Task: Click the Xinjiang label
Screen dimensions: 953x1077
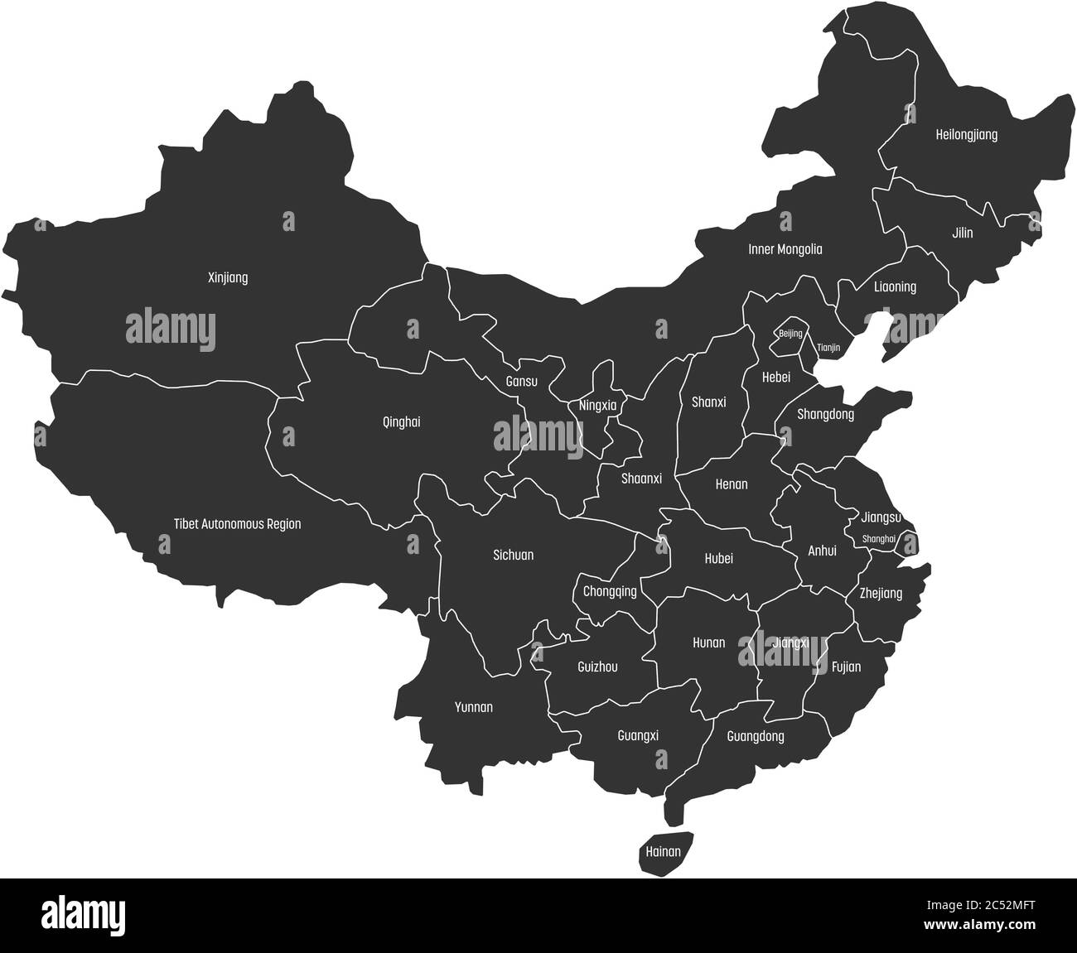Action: click(227, 278)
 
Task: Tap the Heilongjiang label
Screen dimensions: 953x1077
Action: click(966, 134)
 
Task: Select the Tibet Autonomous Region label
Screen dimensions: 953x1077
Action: click(237, 524)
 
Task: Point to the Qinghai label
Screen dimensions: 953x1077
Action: click(401, 422)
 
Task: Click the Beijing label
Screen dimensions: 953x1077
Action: click(790, 334)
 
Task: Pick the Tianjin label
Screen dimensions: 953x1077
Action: click(828, 348)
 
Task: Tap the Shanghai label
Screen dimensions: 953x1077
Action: click(879, 539)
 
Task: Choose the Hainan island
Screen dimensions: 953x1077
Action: click(663, 851)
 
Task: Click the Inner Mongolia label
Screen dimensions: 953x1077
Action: click(785, 249)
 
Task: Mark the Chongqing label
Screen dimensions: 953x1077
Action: click(610, 592)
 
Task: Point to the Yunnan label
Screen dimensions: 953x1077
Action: click(474, 707)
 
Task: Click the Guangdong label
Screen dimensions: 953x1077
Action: click(755, 736)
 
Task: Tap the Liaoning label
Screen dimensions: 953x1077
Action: click(895, 287)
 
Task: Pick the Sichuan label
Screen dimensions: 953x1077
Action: click(513, 556)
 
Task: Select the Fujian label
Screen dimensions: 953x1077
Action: click(846, 667)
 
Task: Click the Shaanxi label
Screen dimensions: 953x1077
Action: click(641, 479)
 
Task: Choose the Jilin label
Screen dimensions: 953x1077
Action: click(962, 233)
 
